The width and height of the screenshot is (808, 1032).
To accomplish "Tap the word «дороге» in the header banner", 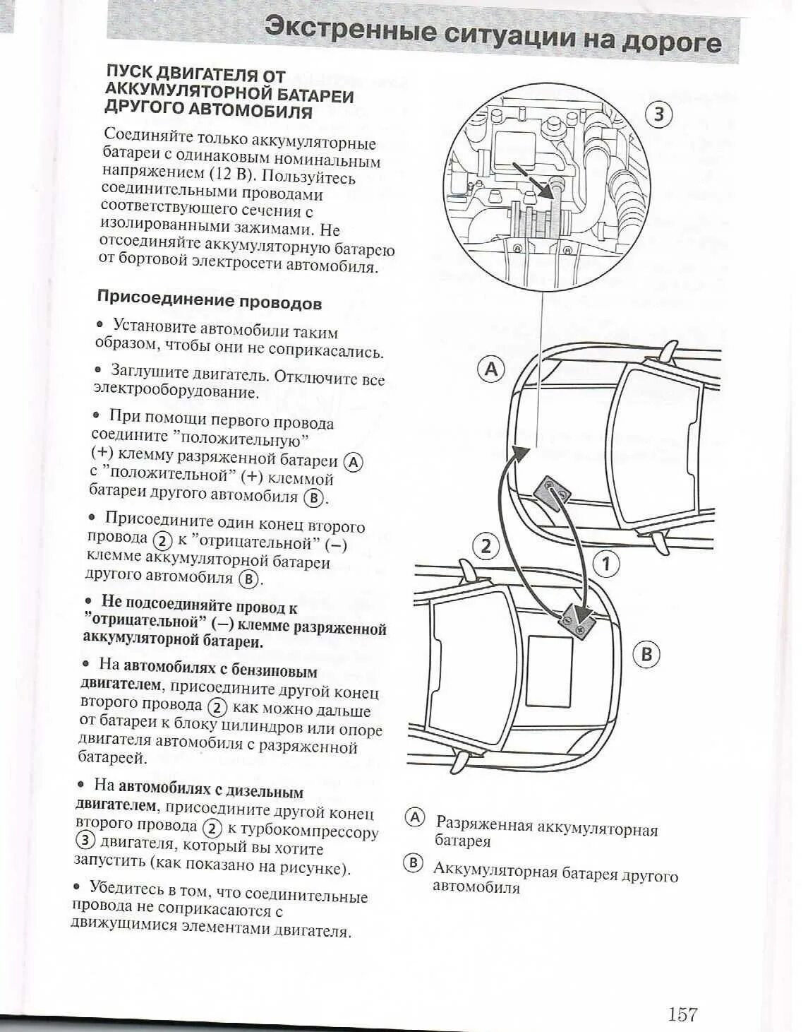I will pos(672,42).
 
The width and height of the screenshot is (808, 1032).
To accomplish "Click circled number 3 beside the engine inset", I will pos(658,114).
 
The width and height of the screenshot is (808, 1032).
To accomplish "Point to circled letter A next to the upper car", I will pos(491,369).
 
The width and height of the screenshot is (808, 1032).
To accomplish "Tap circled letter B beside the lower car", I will pos(646,654).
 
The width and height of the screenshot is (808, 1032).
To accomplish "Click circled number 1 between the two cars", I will pos(605,563).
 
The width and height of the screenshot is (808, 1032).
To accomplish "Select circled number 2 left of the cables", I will pos(486,546).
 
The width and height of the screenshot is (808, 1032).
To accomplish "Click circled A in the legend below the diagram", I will pos(414,818).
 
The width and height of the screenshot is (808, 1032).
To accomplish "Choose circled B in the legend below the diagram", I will pos(413,863).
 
